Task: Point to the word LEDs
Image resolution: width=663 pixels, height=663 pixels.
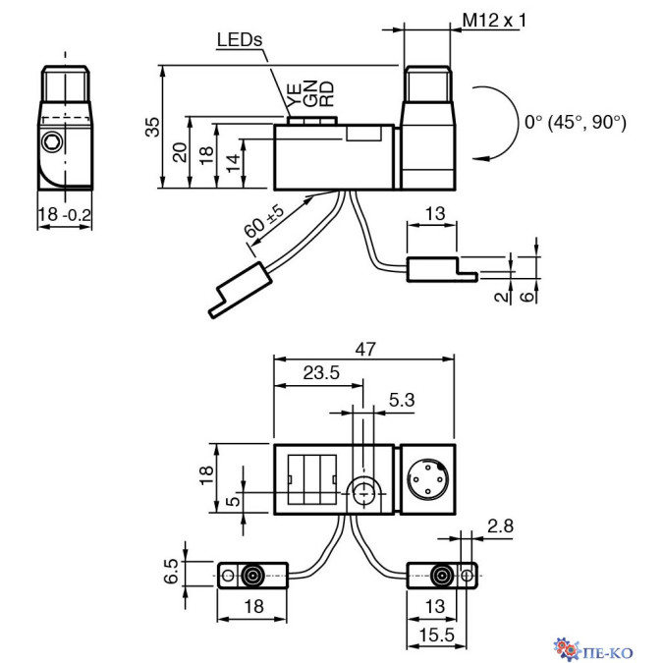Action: click(x=240, y=40)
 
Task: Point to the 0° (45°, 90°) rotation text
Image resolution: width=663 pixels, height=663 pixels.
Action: click(x=575, y=123)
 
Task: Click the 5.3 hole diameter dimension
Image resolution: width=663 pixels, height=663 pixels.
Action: click(x=402, y=401)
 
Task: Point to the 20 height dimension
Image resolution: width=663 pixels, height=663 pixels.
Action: click(x=179, y=152)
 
